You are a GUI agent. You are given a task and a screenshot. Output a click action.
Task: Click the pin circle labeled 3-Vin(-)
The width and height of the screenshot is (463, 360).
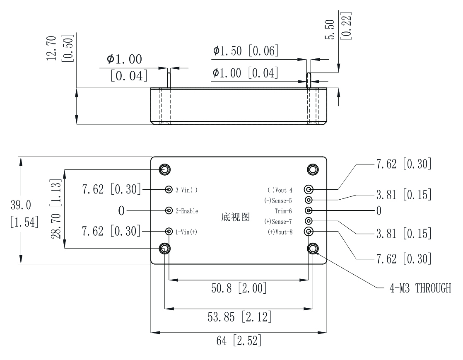tap(169, 189)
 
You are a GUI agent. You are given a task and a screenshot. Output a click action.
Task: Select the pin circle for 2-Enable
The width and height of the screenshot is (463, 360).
tap(169, 210)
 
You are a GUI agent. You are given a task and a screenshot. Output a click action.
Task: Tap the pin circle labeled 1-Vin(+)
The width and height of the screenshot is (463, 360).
tap(169, 231)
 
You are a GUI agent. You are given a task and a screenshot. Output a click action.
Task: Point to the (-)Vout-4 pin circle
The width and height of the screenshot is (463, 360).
tap(309, 190)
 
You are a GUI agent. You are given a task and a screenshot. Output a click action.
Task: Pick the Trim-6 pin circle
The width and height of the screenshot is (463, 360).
tap(309, 210)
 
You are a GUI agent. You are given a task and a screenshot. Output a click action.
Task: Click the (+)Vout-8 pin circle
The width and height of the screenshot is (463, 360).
tap(309, 231)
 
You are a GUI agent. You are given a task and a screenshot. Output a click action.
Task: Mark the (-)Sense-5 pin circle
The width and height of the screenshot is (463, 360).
tap(309, 200)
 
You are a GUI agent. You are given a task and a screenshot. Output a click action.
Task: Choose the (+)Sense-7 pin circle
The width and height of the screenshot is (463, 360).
tap(309, 221)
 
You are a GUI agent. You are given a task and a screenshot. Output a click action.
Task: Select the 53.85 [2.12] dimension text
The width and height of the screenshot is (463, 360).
tap(240, 318)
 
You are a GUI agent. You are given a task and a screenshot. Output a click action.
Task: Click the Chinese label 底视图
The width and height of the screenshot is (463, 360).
tap(236, 217)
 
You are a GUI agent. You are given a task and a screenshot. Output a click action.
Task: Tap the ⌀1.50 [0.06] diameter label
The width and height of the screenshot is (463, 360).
tap(246, 51)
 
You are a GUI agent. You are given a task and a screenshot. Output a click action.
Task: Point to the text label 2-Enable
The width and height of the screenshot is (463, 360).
tap(187, 211)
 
